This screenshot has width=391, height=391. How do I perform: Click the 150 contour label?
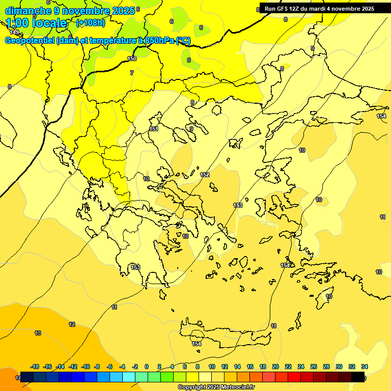(x=132, y=59)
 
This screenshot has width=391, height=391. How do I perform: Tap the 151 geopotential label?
(x=154, y=129)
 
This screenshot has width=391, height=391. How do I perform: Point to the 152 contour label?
(x=205, y=175)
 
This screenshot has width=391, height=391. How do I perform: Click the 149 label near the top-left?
(x=14, y=32)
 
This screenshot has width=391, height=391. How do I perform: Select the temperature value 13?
(x=38, y=333)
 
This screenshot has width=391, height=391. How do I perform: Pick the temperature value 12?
(x=72, y=324)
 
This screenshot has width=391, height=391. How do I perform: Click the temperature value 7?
(x=132, y=73)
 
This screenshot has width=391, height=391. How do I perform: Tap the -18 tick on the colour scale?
(x=35, y=367)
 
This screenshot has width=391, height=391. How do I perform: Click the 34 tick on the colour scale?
(x=365, y=367)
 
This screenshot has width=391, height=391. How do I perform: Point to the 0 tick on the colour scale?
(x=147, y=367)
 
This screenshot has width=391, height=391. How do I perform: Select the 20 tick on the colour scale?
(x=275, y=367)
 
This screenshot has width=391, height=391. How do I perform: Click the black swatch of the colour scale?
(x=358, y=377)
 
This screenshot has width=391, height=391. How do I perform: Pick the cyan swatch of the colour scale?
(x=129, y=377)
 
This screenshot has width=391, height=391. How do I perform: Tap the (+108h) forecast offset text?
(x=91, y=22)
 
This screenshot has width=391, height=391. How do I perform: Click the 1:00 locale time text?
(x=36, y=22)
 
